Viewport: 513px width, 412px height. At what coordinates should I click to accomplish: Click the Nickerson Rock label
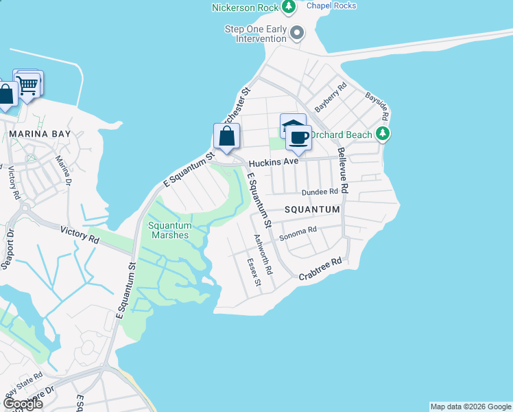coord(245,8)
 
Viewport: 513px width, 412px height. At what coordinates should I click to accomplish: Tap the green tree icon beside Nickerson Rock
coord(289,7)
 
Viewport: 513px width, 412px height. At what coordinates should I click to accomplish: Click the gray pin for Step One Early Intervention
coord(297,32)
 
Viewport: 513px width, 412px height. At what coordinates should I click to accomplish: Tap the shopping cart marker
coord(28,85)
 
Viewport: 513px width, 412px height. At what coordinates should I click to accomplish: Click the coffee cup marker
coord(299,137)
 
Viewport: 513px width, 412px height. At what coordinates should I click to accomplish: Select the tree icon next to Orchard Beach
coord(384,135)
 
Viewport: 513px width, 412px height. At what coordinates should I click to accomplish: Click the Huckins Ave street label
coord(272,163)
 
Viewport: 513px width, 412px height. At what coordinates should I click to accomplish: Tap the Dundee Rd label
coord(320,192)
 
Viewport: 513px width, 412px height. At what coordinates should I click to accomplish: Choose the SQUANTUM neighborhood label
coord(313,209)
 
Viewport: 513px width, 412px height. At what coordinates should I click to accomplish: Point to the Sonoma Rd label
coord(302,231)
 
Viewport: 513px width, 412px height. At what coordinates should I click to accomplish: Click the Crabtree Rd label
coord(320,268)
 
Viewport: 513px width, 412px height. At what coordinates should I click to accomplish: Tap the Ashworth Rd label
coord(263,255)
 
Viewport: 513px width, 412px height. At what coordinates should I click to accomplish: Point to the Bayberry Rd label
coord(331,98)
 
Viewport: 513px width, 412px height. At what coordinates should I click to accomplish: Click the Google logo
coord(23,404)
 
